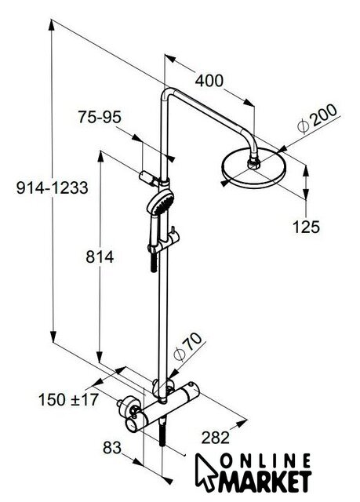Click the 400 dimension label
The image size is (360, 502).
tap(209, 81)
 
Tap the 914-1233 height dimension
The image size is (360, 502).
tap(53, 187)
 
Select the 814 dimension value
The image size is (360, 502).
tap(100, 256)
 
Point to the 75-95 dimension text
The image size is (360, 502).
tap(100, 117)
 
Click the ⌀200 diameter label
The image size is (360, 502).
tap(317, 118)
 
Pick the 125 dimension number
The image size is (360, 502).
tap(306, 227)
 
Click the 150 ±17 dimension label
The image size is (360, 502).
tap(68, 400)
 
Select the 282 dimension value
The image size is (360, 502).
tap(216, 438)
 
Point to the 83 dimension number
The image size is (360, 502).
tap(112, 448)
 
